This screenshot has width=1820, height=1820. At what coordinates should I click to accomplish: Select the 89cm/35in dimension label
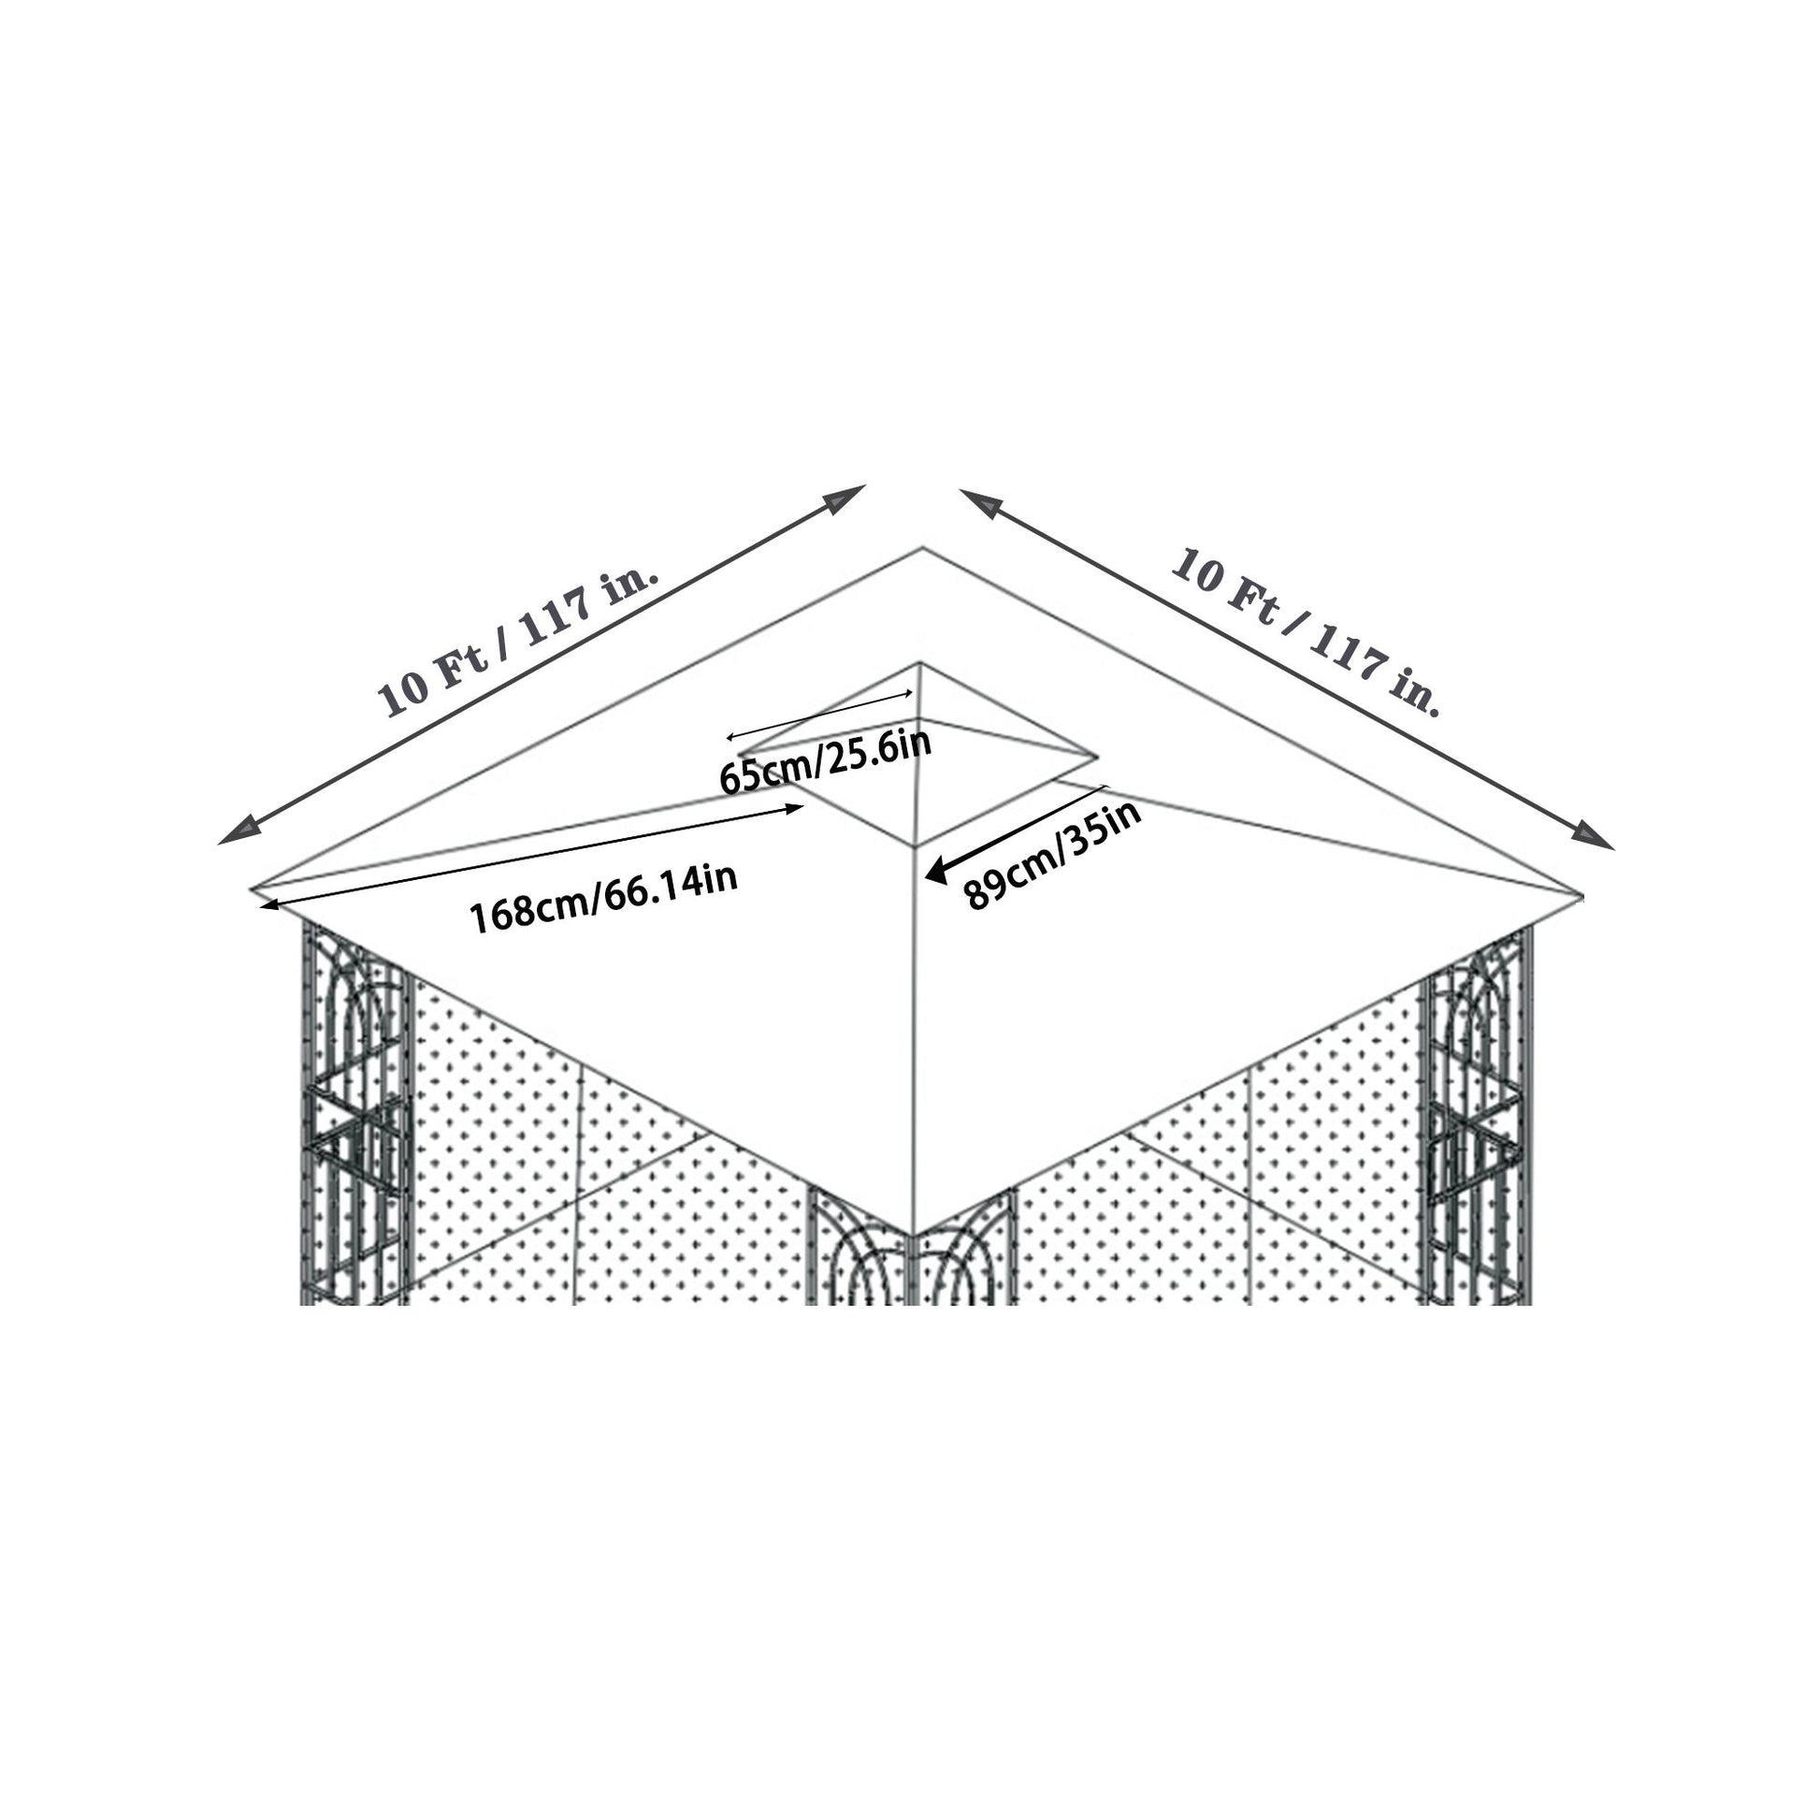(x=1053, y=856)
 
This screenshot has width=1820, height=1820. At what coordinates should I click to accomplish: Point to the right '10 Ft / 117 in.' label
(x=1306, y=630)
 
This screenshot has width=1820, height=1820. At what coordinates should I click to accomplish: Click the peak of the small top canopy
(x=920, y=664)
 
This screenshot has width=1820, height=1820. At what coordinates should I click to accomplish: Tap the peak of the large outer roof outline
(x=922, y=548)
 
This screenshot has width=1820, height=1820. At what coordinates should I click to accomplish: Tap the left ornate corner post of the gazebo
(x=356, y=1112)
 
